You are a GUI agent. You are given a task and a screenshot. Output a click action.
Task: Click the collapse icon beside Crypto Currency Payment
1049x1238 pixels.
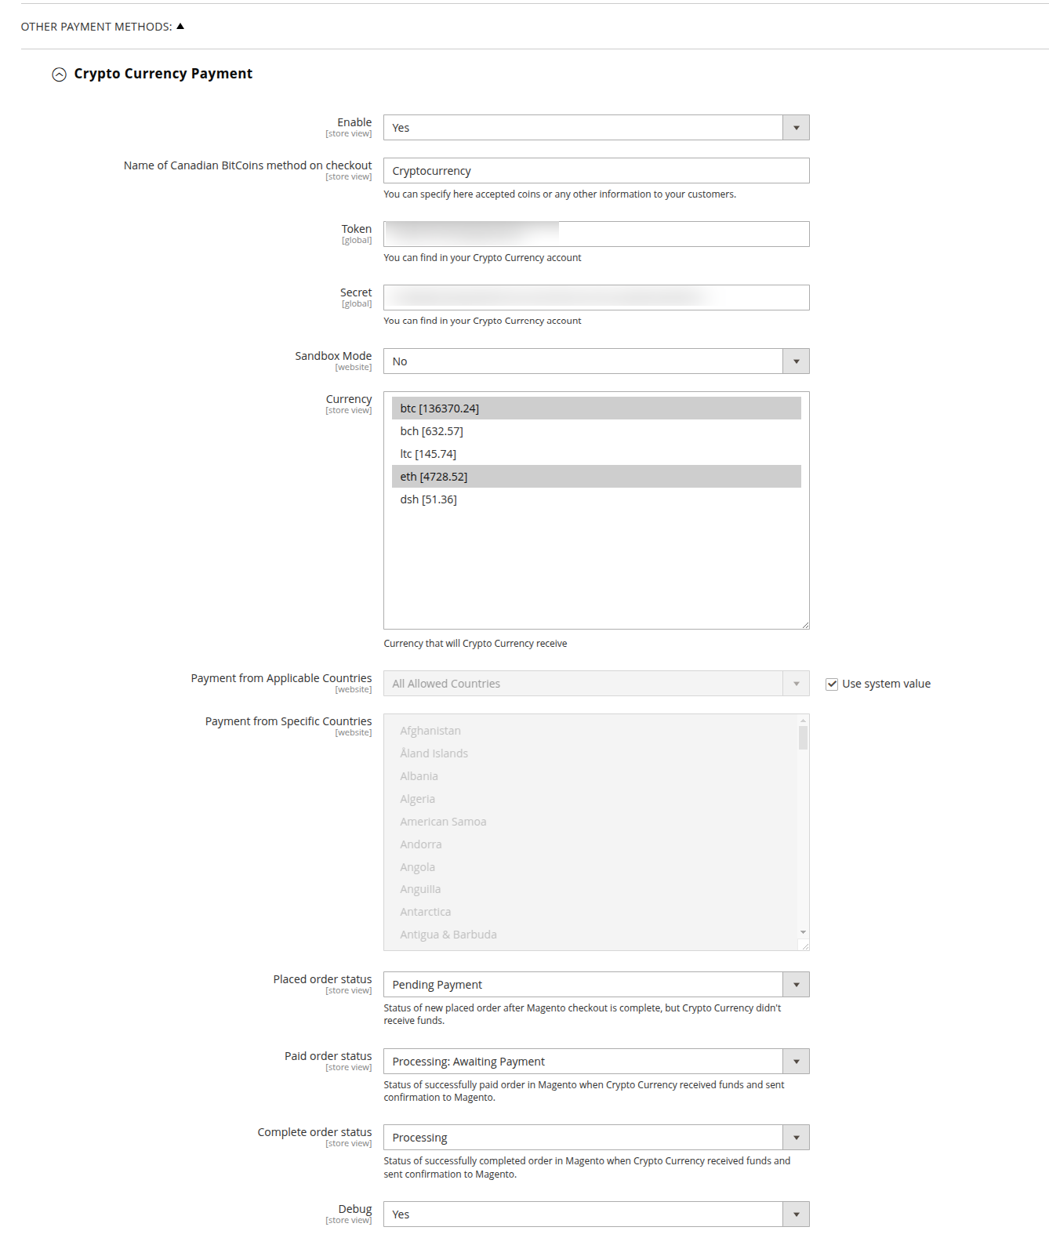(59, 74)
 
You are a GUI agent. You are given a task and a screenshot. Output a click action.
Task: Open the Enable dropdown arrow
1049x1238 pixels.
(796, 128)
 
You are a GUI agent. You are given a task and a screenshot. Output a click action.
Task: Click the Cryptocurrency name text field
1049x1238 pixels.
(596, 171)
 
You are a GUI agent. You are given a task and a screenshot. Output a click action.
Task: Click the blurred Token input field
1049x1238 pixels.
(596, 234)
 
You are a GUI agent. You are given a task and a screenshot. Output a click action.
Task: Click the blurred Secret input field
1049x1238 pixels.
(596, 298)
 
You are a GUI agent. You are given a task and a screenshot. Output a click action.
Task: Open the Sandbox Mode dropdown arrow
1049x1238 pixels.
(796, 361)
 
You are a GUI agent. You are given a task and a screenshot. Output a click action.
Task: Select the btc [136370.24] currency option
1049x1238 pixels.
(439, 408)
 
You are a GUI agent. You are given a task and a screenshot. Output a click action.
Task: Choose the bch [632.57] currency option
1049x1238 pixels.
(431, 431)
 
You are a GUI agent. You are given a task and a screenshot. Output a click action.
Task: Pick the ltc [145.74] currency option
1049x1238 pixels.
(428, 454)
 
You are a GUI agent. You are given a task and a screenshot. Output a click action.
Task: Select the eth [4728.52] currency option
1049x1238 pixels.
(434, 477)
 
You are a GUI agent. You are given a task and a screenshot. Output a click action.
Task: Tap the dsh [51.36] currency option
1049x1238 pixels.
(428, 499)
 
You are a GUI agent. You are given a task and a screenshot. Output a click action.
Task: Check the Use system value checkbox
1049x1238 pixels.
(832, 684)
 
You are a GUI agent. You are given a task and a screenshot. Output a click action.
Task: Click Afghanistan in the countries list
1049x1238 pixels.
(430, 731)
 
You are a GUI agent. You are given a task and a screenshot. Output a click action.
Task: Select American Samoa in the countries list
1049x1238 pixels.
(443, 822)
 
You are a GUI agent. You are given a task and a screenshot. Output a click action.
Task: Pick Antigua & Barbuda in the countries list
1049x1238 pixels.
(448, 935)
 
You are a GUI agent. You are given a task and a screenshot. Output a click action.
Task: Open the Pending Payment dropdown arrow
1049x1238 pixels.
(796, 985)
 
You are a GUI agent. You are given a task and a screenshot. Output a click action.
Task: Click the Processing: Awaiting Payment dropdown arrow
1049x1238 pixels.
(796, 1062)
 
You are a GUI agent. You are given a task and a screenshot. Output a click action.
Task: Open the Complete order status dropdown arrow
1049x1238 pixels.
(796, 1138)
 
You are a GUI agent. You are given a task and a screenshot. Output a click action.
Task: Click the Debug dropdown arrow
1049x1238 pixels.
(796, 1214)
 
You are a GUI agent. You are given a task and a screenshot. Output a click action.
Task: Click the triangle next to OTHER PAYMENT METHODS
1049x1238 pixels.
(180, 27)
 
